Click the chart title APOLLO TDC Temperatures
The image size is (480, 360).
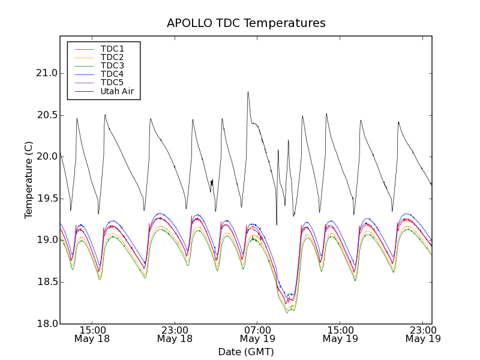(246, 23)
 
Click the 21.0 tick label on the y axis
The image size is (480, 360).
(46, 73)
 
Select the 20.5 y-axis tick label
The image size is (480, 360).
(46, 115)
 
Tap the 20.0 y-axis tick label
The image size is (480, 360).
(46, 157)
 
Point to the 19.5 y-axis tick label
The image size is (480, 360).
(46, 199)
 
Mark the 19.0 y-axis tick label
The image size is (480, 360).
(46, 240)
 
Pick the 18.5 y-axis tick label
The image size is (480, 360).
(46, 282)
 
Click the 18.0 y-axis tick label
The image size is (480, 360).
(46, 323)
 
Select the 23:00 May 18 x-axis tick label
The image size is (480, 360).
(175, 334)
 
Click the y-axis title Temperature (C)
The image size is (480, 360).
(29, 180)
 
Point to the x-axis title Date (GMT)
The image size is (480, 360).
(246, 352)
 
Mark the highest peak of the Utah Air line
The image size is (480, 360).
(248, 92)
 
